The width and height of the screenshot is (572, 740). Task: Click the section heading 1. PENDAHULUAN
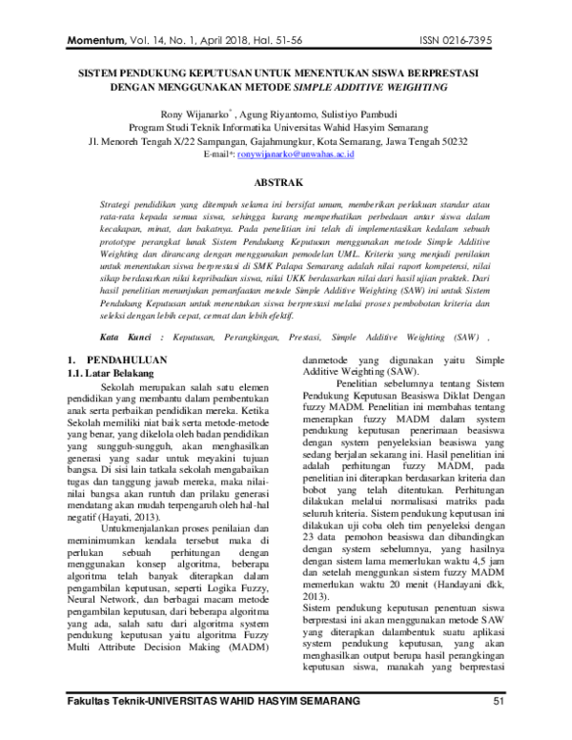click(118, 360)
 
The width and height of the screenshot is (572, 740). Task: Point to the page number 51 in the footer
click(498, 730)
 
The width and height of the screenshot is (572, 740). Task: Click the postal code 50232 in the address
click(449, 140)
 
